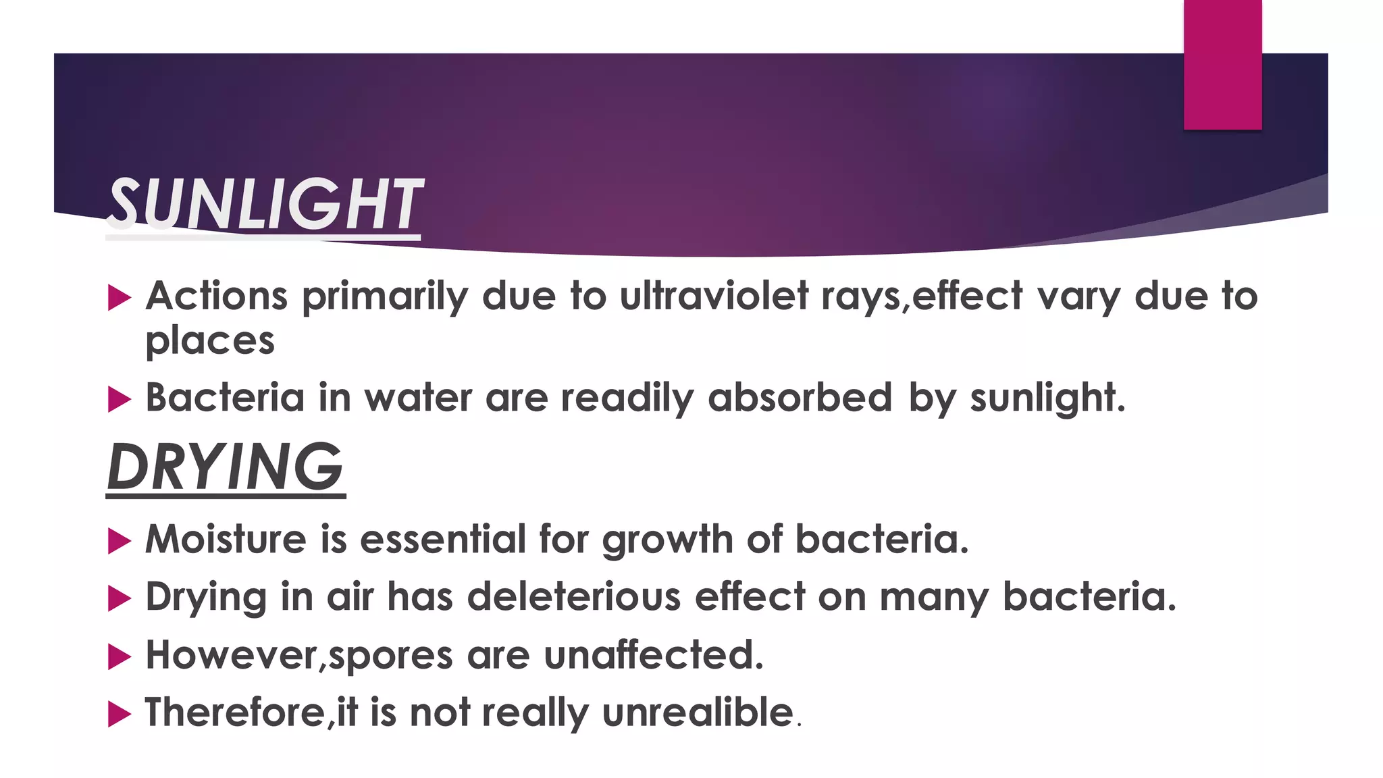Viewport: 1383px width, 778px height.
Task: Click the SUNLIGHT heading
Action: click(264, 205)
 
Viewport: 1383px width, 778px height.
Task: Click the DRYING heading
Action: click(226, 467)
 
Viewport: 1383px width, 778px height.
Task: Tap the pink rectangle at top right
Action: click(1222, 65)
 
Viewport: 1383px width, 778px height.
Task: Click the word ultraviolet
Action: click(714, 296)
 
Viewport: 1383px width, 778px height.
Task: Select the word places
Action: click(210, 341)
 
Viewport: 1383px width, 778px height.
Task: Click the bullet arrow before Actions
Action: click(119, 298)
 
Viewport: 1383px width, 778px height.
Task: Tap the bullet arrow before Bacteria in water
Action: click(119, 399)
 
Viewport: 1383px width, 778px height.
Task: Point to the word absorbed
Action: click(800, 398)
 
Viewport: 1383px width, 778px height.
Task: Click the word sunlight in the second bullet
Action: click(1046, 398)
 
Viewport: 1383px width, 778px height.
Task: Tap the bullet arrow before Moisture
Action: click(119, 541)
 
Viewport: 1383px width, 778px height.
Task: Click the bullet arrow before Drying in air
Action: click(119, 598)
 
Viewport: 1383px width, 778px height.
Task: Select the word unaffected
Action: click(653, 655)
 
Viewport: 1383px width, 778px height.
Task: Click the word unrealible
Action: click(698, 712)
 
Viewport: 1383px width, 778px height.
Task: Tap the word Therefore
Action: click(236, 712)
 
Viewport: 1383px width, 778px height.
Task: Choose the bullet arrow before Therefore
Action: click(119, 714)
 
